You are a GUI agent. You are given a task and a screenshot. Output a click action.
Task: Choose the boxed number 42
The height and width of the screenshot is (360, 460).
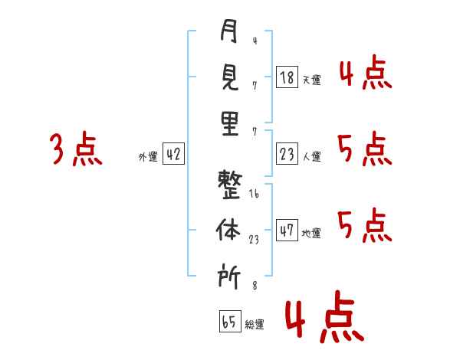tap(173, 155)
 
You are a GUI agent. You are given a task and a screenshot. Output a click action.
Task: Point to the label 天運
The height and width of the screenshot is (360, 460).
tap(311, 79)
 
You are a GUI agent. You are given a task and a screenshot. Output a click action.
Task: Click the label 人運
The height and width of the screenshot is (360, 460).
tap(311, 157)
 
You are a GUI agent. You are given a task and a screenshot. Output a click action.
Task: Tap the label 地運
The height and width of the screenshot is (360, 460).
tap(311, 233)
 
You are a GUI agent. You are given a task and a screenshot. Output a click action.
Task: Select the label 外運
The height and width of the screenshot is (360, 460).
tap(148, 157)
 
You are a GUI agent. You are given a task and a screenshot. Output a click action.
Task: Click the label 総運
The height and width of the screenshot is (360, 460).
tap(255, 324)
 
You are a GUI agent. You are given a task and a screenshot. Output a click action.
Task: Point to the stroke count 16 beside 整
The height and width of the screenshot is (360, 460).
tap(254, 195)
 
